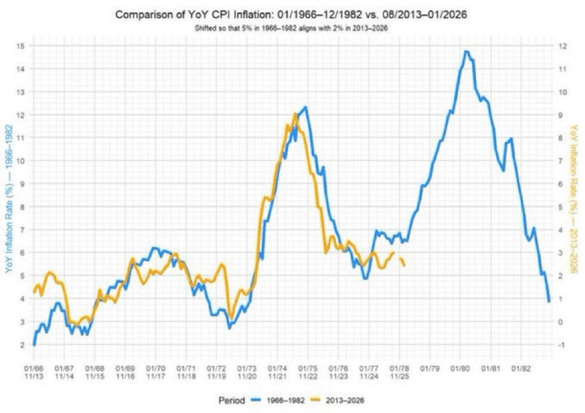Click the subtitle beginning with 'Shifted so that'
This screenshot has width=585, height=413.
292,28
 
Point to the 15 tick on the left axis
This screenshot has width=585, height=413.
20,46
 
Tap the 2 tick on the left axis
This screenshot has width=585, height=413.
21,345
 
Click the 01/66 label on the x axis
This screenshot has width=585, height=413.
34,367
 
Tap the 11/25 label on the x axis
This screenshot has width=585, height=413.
399,376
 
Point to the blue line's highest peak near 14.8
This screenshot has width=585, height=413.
466,51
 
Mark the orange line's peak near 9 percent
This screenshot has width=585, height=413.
295,114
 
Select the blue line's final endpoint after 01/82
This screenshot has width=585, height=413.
549,301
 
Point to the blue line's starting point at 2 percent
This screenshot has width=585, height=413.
34,345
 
